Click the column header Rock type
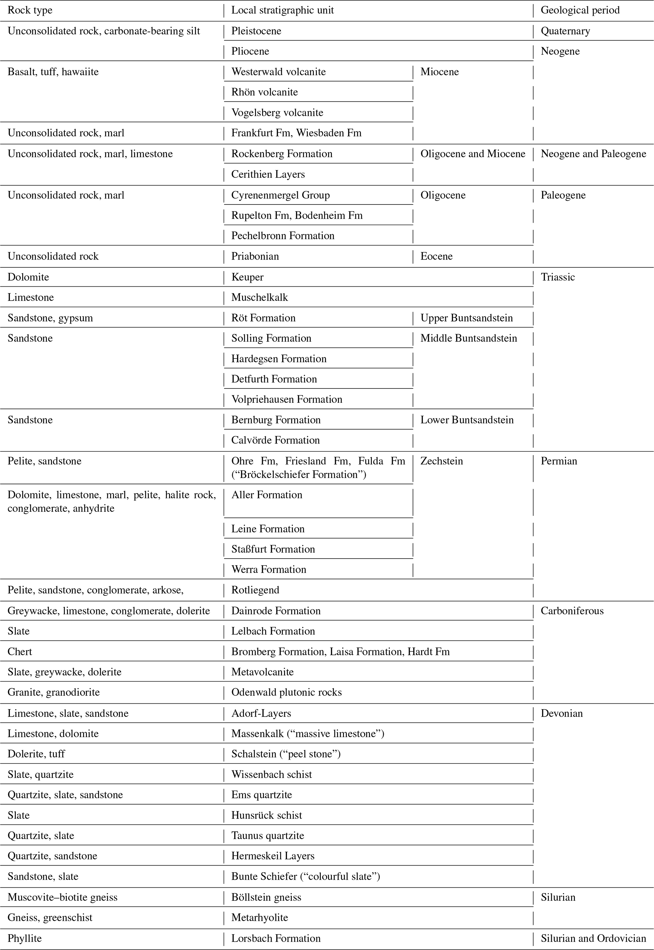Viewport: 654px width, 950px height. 30,10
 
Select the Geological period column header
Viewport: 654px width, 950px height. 580,10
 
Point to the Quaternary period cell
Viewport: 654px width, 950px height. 565,31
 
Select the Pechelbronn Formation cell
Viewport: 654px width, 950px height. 283,236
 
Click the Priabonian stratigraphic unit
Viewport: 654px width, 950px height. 255,256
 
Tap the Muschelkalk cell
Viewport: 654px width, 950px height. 259,297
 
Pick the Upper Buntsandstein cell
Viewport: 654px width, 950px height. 466,318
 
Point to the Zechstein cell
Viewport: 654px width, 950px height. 441,461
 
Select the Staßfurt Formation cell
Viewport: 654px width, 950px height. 273,549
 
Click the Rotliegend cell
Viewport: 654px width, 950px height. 255,590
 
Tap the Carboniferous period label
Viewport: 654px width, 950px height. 572,611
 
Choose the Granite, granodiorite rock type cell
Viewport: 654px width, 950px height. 54,692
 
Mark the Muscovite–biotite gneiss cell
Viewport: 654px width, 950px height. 62,898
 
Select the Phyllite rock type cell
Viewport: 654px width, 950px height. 25,939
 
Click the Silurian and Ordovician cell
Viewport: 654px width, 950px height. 593,939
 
